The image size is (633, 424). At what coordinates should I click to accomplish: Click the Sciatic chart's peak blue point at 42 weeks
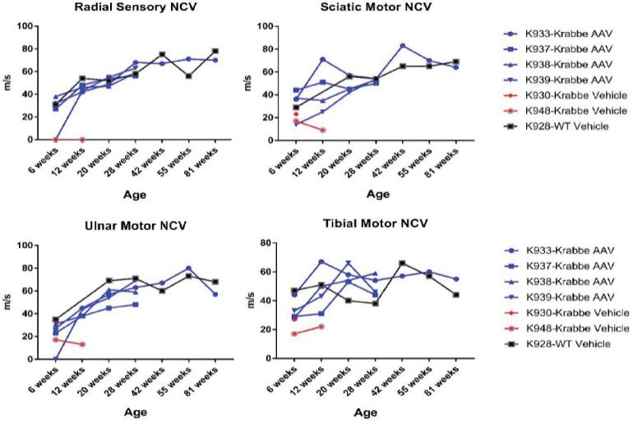[x=402, y=45]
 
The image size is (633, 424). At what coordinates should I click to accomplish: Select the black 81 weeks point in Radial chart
[x=215, y=51]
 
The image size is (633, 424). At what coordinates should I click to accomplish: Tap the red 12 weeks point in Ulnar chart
[x=81, y=344]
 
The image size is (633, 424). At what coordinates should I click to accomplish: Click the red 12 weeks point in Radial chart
[x=81, y=140]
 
